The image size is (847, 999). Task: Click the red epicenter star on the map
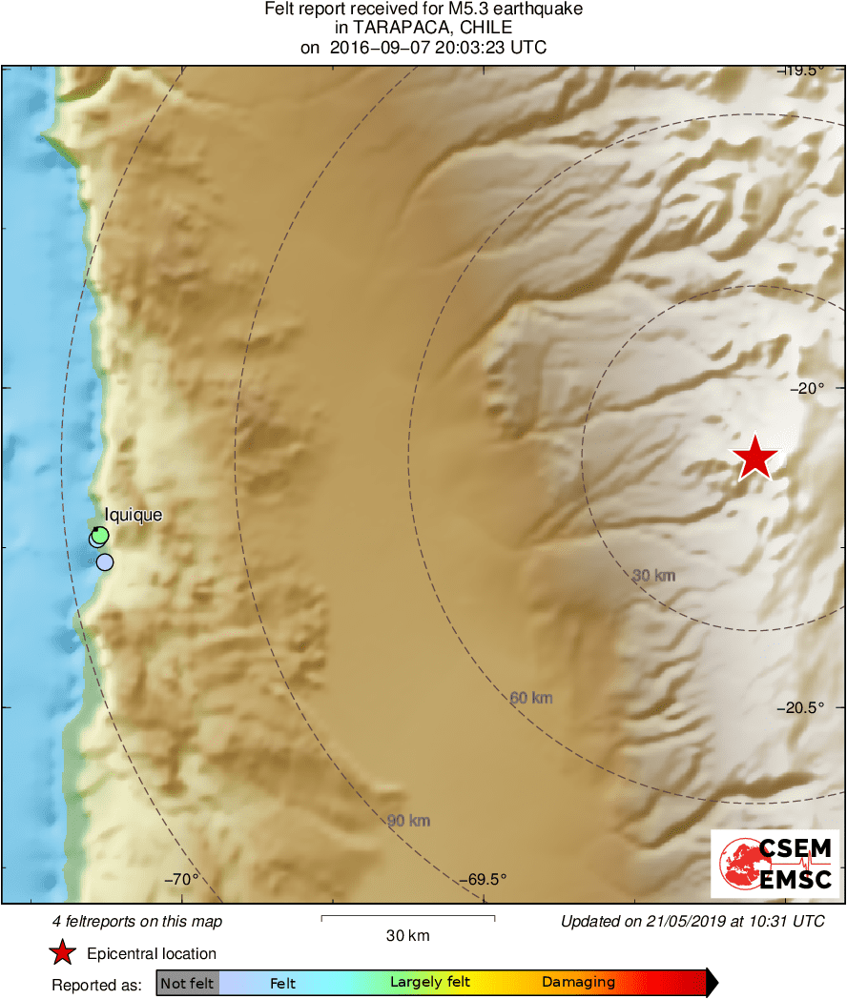pyautogui.click(x=755, y=458)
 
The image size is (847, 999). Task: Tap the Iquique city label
pyautogui.click(x=134, y=515)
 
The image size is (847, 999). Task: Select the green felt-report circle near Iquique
pyautogui.click(x=100, y=535)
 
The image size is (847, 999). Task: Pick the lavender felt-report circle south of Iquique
pyautogui.click(x=105, y=561)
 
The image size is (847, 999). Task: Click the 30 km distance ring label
pyautogui.click(x=653, y=575)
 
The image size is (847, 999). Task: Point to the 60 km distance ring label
pyautogui.click(x=531, y=698)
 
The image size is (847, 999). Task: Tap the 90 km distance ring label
pyautogui.click(x=408, y=820)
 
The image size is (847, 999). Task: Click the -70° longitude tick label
pyautogui.click(x=181, y=879)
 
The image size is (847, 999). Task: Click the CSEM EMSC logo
pyautogui.click(x=775, y=864)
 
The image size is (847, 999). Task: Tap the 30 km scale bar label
pyautogui.click(x=407, y=936)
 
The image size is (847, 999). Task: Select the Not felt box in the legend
pyautogui.click(x=188, y=983)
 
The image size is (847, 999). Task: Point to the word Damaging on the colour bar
pyautogui.click(x=578, y=983)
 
